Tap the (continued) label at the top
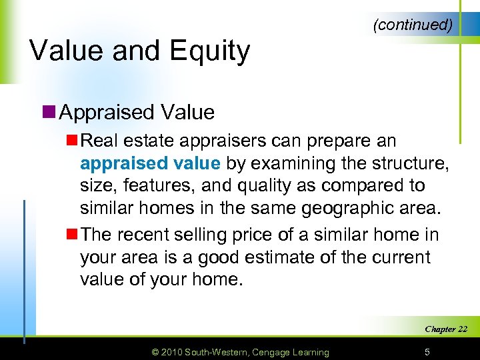413,25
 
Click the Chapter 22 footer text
446,329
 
